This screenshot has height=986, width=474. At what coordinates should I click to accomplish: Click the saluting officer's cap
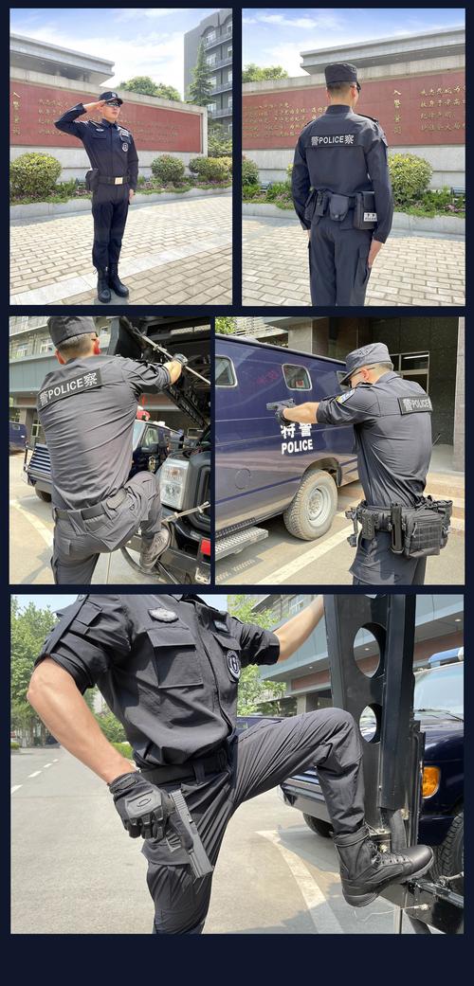(x=110, y=98)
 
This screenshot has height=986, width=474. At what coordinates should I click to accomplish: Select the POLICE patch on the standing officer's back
(x=332, y=139)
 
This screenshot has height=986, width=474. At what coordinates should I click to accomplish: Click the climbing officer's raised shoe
(x=155, y=547)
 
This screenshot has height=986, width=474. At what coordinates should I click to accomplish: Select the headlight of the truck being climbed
(x=173, y=482)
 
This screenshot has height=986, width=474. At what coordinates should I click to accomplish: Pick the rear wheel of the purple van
(x=310, y=504)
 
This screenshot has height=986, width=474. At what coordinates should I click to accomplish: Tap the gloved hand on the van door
(x=281, y=413)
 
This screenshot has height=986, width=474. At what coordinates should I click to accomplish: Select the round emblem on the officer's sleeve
(x=233, y=664)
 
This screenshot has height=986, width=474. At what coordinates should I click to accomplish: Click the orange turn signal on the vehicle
(x=430, y=781)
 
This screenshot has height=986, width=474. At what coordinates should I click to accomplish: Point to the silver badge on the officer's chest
(x=163, y=615)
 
